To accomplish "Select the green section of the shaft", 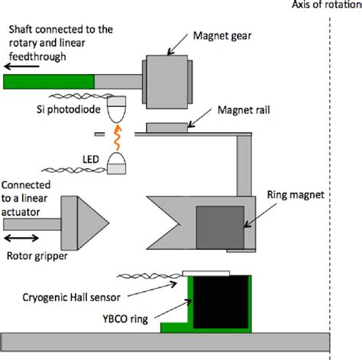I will pos(48,81).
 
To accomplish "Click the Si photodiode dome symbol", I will pos(117,112).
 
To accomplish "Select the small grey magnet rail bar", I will pos(169,128).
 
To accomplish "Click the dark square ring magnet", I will pos(216,226).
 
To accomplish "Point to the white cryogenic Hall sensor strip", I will pos(207,272).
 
